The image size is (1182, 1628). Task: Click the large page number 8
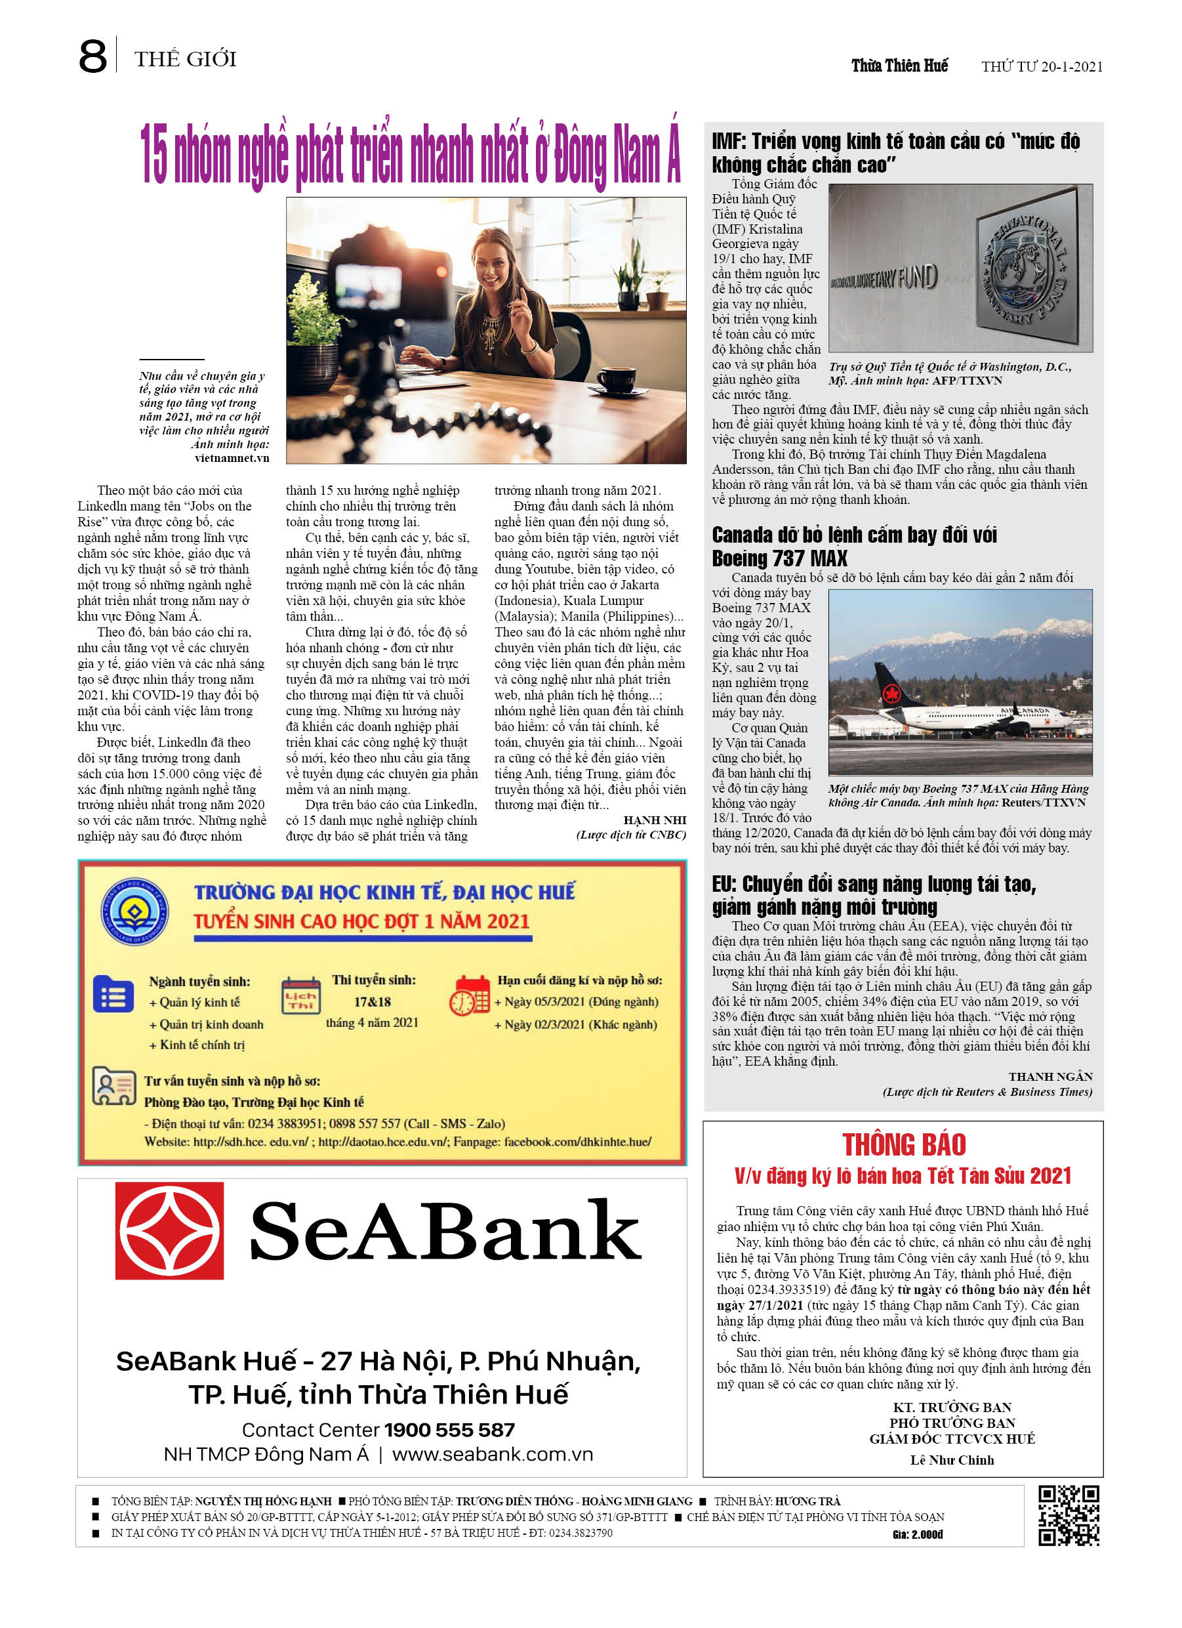point(92,58)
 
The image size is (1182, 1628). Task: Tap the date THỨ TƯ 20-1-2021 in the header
point(1042,67)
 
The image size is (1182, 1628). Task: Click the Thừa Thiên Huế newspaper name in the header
point(899,66)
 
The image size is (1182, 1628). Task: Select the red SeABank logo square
point(169,1231)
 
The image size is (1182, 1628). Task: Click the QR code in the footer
point(1069,1515)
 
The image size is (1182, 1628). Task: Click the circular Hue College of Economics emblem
point(134,911)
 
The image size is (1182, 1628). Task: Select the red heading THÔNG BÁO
point(903,1144)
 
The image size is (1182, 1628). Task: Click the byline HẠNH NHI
point(655,820)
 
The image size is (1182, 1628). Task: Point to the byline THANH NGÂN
point(1050,1077)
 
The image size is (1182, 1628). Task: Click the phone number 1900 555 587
point(449,1430)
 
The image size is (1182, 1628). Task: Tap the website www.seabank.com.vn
point(493,1454)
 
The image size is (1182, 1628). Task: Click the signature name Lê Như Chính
point(952,1460)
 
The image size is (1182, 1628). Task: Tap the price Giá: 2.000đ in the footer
point(917,1535)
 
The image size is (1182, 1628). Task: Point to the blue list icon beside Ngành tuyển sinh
point(113,995)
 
